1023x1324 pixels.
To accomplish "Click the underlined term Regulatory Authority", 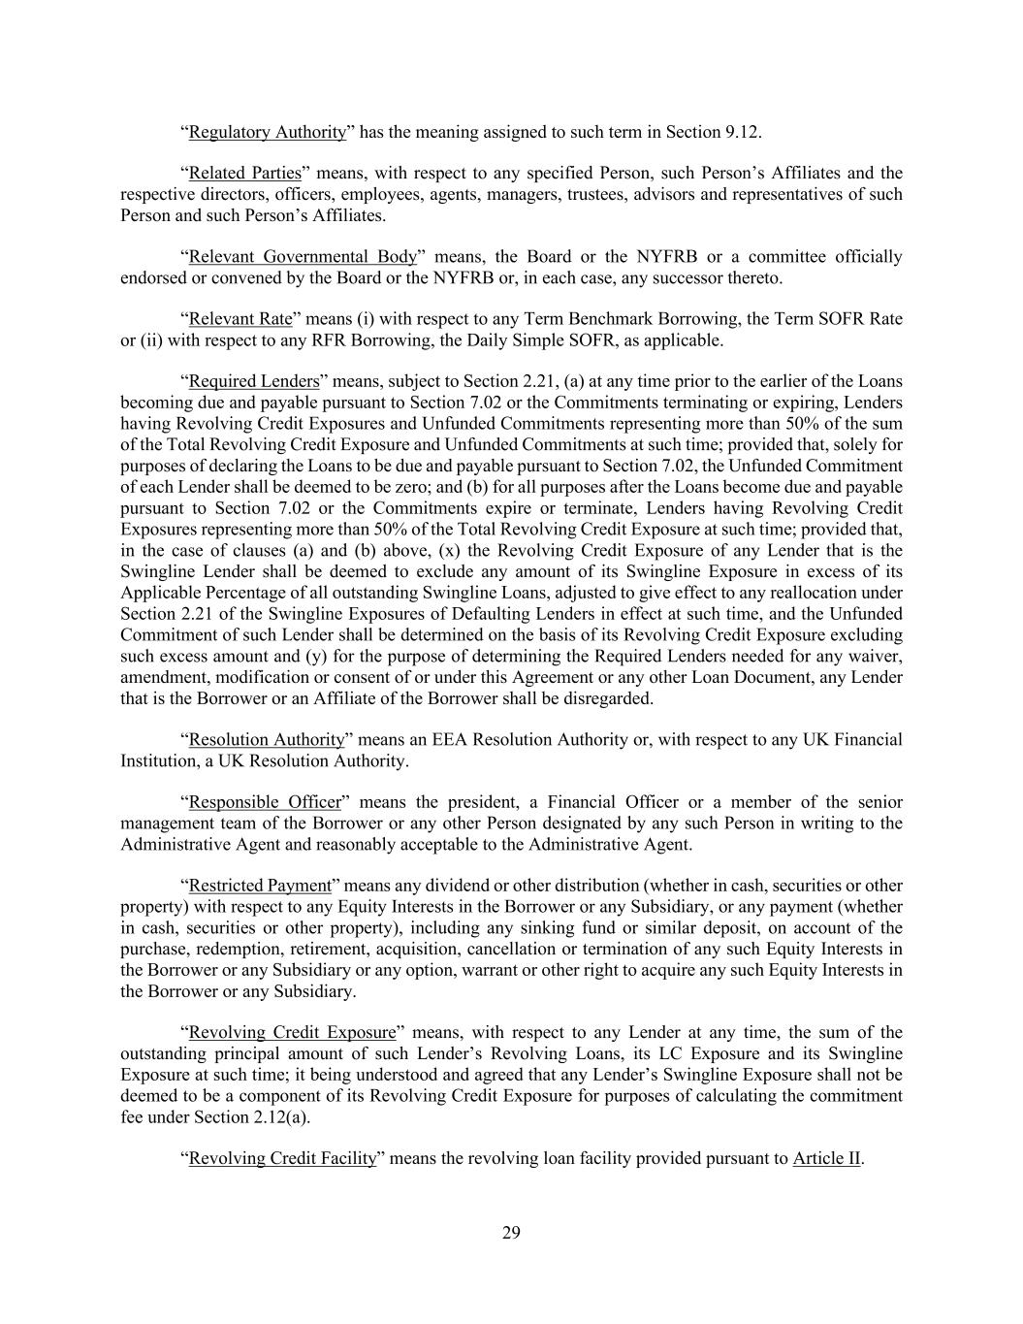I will point(267,132).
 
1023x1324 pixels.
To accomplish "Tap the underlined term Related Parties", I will point(244,174).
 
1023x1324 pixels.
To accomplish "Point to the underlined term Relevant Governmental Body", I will point(303,257).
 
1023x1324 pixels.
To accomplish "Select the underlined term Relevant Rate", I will point(240,319).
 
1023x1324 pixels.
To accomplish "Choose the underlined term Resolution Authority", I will point(266,740).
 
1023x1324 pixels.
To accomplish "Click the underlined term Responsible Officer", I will point(265,803).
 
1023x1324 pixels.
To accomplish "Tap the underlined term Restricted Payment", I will point(259,886).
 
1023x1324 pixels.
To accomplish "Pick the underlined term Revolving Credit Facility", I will point(281,1159).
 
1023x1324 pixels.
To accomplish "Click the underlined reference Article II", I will point(826,1159).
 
